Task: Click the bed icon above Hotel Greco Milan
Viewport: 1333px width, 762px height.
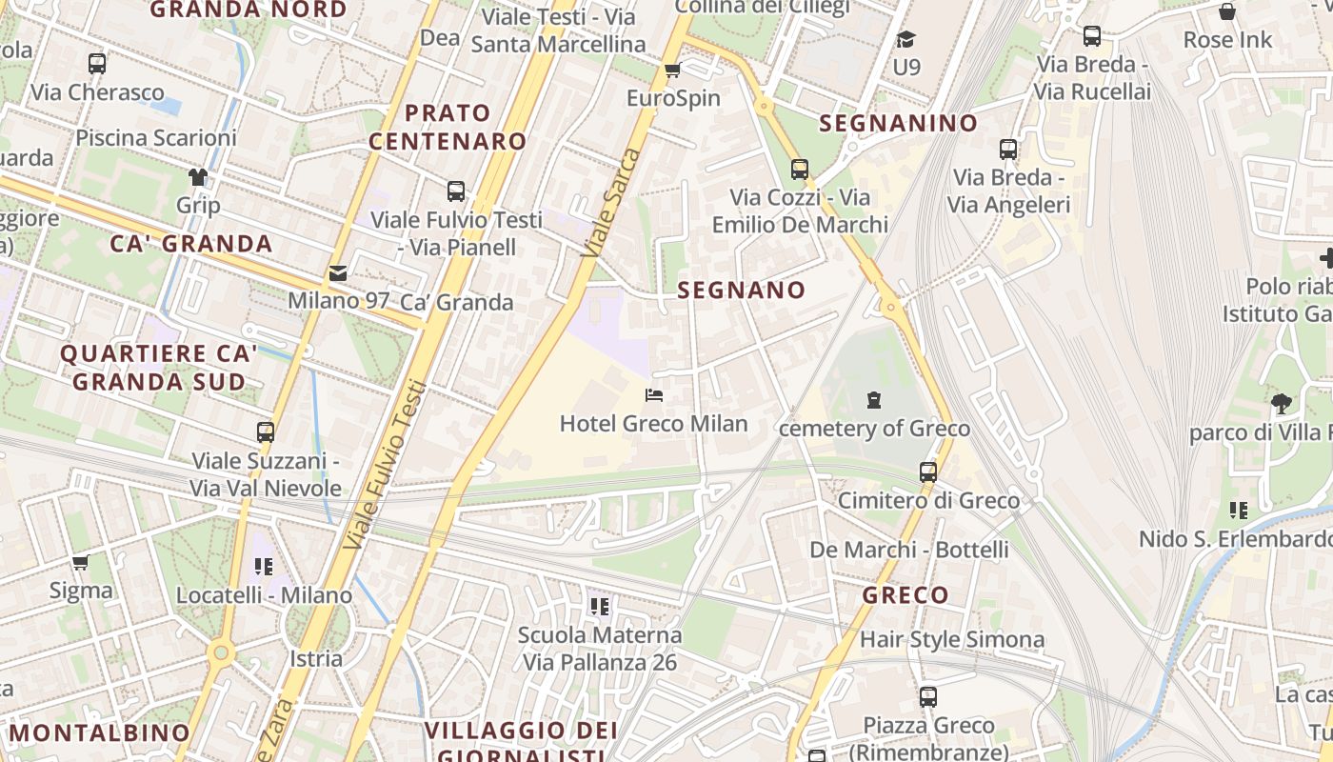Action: [x=654, y=395]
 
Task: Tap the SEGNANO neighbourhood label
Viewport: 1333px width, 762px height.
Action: [x=742, y=290]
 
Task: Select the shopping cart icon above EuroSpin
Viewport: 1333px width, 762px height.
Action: [x=672, y=70]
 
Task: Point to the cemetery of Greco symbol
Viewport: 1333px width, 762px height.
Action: [x=874, y=400]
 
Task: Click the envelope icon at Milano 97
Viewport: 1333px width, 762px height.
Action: [x=338, y=273]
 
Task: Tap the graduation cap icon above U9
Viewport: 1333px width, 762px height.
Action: [x=905, y=39]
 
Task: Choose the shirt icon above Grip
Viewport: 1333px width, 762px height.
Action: [x=198, y=177]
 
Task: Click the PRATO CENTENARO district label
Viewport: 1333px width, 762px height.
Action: [x=448, y=127]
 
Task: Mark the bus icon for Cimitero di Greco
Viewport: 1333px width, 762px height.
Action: [x=928, y=471]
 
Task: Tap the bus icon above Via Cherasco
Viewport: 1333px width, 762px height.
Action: [x=97, y=64]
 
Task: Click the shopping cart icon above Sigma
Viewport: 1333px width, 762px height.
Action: [x=81, y=562]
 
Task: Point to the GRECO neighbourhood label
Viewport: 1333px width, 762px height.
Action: [x=905, y=595]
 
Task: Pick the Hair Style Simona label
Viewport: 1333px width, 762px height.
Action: [x=952, y=639]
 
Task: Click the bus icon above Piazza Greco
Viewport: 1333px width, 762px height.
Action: [x=928, y=696]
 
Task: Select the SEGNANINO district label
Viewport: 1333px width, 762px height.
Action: [x=898, y=123]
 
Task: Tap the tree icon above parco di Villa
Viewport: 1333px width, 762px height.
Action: [x=1282, y=404]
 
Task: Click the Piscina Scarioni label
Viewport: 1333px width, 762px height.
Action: [x=156, y=137]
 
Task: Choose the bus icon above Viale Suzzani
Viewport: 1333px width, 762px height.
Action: [x=266, y=431]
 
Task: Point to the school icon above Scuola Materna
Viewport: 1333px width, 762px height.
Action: [x=600, y=606]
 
